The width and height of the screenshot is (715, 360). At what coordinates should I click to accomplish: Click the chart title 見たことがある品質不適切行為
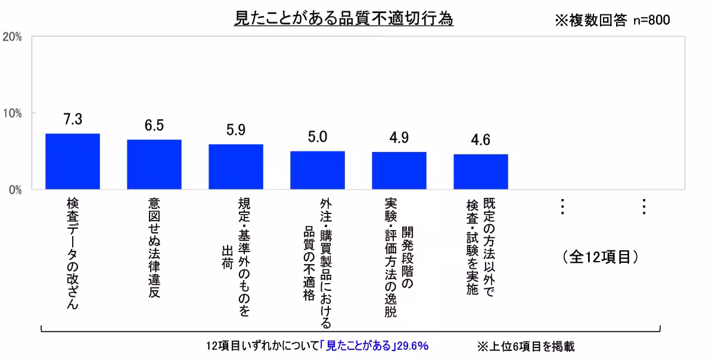344,18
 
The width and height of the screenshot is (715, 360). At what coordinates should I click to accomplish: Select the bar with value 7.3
73,162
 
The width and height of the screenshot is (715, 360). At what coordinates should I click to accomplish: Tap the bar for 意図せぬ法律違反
154,165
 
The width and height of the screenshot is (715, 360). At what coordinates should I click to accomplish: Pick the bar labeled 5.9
236,167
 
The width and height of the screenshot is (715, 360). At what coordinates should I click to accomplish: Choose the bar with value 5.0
318,170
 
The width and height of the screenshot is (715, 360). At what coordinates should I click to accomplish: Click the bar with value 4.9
399,170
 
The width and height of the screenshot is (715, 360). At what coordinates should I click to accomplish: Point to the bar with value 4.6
481,172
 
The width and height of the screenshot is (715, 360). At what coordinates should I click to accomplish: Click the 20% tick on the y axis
13,37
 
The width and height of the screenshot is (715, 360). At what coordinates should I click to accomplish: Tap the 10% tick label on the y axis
13,113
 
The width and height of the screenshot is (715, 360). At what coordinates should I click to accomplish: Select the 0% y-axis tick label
15,190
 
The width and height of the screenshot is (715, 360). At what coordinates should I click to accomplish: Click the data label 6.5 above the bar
154,126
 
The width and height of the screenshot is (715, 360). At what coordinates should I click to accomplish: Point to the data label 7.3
73,120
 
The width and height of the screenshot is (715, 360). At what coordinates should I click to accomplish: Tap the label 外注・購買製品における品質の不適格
318,262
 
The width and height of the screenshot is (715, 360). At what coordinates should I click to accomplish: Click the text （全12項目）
600,257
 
